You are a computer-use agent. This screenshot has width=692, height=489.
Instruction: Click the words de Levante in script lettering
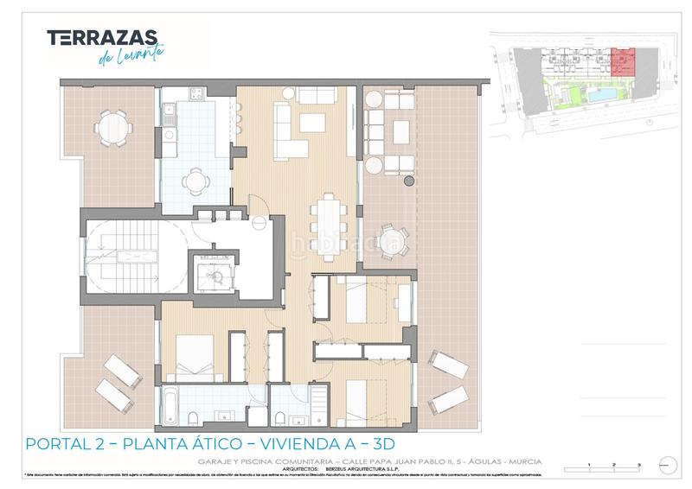coord(126,54)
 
